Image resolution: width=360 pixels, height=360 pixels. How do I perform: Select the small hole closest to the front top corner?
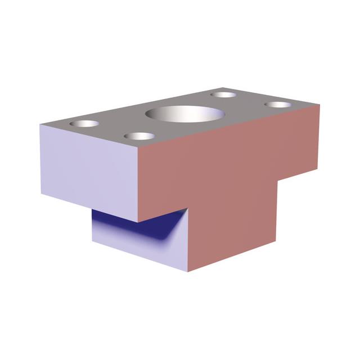(x=138, y=136)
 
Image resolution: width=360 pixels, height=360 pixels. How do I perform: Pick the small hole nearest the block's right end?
(x=278, y=105)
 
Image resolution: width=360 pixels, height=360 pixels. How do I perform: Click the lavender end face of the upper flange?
(x=90, y=169)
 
